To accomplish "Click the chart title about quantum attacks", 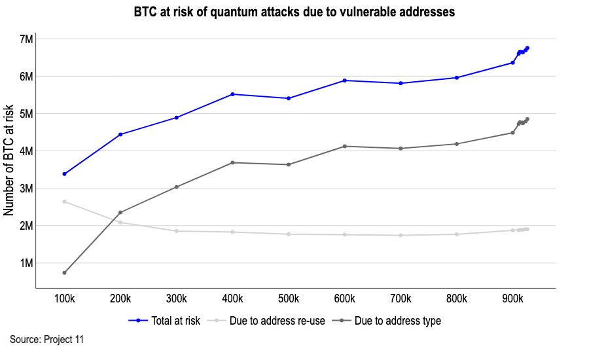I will (x=294, y=12).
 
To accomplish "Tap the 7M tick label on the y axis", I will (x=26, y=39).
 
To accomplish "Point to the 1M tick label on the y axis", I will (x=26, y=263).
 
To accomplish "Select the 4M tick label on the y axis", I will (x=26, y=151).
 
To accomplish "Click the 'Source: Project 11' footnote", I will (x=46, y=339).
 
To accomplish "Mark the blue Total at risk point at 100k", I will (x=64, y=174).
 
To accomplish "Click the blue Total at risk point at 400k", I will (x=232, y=94).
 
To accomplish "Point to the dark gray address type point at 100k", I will (x=64, y=273).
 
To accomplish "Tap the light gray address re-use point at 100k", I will (x=64, y=202).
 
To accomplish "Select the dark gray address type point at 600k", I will (x=344, y=147).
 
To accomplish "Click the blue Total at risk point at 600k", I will (x=344, y=81).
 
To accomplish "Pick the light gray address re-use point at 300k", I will (x=176, y=231).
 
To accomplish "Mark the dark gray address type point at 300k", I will (x=176, y=187).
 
